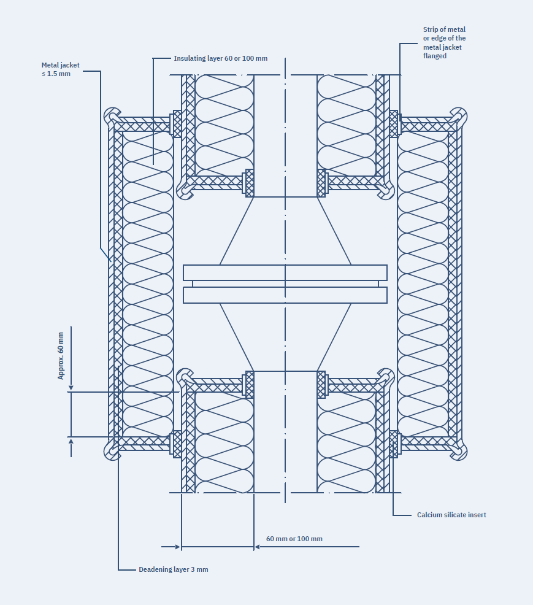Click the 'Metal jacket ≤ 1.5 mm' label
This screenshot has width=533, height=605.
[60, 69]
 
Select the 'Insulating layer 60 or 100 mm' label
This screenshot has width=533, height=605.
[220, 59]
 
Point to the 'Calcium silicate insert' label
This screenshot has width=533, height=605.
[451, 515]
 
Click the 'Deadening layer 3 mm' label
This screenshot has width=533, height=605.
[173, 569]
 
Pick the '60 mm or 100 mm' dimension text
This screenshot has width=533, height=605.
[294, 539]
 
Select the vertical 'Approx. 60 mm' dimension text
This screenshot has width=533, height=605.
[61, 355]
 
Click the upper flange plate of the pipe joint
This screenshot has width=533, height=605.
[285, 272]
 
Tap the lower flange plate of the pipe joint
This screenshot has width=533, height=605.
[285, 295]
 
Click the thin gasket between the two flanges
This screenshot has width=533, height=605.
[285, 284]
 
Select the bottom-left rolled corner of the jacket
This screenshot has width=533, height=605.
[112, 451]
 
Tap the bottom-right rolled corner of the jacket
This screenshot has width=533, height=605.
[459, 451]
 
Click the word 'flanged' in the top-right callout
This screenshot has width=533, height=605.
[435, 56]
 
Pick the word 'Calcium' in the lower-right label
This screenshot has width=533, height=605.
[429, 515]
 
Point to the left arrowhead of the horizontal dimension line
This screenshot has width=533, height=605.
[178, 546]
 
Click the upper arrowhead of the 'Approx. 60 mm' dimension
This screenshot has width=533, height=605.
[71, 388]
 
